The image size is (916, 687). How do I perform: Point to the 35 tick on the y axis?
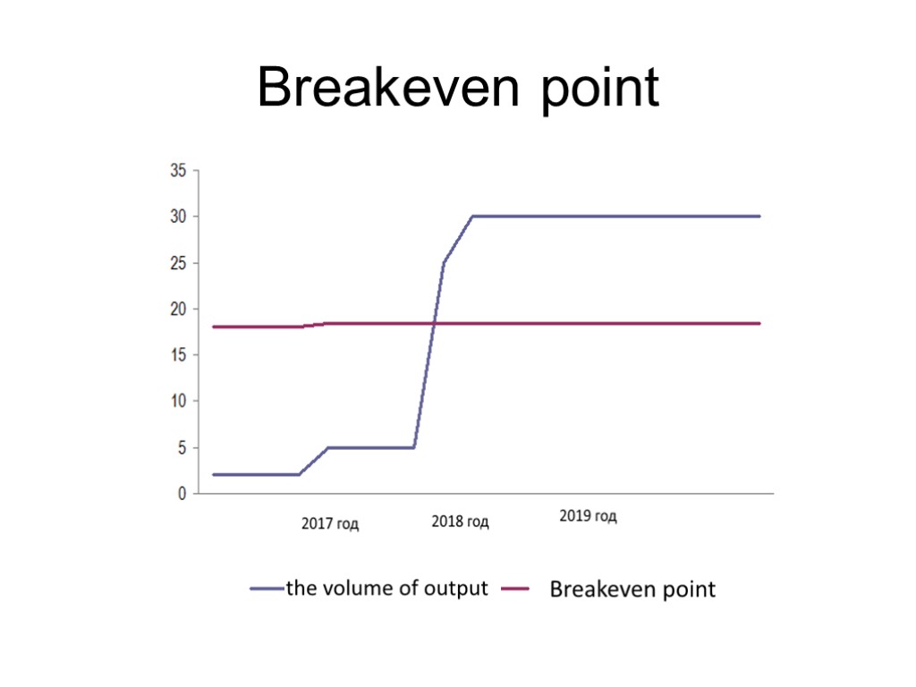pos(178,171)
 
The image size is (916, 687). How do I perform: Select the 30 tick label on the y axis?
pos(178,217)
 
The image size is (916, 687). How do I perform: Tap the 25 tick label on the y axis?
pos(178,264)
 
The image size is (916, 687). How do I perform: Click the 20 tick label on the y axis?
pos(178,310)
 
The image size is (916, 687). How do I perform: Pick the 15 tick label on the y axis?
pos(178,356)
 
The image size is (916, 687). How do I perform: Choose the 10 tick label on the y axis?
pos(178,402)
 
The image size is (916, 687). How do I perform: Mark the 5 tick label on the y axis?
pos(182,448)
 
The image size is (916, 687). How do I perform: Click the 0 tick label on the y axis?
pos(182,494)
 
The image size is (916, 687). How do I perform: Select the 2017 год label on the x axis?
pos(330,524)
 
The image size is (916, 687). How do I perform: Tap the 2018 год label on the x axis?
pos(460,522)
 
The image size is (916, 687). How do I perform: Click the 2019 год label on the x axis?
pos(588,517)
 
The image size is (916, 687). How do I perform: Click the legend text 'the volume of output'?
pos(386,589)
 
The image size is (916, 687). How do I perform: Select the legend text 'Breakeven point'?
pos(632,589)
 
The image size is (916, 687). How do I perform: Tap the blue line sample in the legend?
pos(266,589)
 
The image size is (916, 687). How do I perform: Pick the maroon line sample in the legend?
pos(515,589)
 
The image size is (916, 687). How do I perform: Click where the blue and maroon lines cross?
pos(435,323)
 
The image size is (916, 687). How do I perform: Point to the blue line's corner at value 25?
pos(444,263)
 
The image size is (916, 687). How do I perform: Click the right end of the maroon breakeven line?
pos(759,323)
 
